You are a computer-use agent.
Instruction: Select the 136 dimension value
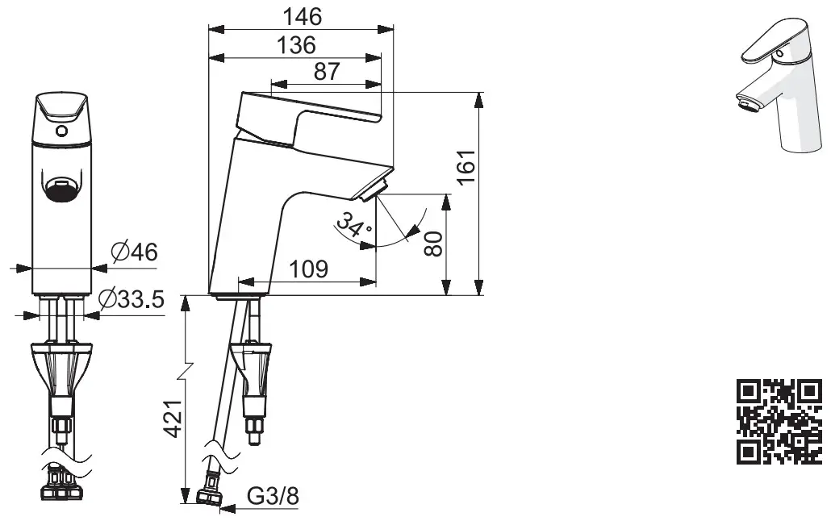click(296, 44)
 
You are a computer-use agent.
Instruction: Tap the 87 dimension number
click(326, 71)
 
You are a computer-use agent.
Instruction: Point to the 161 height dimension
click(465, 168)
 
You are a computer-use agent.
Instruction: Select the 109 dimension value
click(308, 269)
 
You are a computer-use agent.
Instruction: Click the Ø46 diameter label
click(132, 252)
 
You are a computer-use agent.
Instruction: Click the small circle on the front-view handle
click(61, 130)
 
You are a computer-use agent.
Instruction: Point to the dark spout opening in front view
click(61, 189)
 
